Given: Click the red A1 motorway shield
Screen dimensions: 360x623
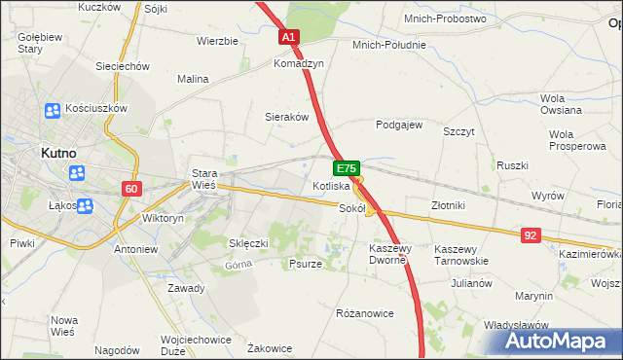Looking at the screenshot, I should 289,37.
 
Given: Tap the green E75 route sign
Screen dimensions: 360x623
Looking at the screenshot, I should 349,168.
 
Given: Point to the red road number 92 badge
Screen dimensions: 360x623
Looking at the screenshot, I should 531,235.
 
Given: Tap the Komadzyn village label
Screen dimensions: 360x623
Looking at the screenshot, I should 298,61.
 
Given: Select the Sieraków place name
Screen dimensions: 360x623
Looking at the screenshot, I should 287,116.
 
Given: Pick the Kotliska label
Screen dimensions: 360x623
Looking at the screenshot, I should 331,186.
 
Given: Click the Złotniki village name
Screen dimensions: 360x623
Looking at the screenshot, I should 449,205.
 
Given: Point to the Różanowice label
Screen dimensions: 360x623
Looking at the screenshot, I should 364,313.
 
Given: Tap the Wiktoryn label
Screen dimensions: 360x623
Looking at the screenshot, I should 164,219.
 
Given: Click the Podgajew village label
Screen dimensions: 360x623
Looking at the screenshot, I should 399,125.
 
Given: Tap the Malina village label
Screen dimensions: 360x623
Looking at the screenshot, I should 193,79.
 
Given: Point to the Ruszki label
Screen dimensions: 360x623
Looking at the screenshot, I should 512,165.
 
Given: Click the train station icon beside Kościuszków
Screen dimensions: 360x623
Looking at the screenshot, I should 51,111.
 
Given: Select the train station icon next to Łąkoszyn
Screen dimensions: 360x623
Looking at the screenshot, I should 84,205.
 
